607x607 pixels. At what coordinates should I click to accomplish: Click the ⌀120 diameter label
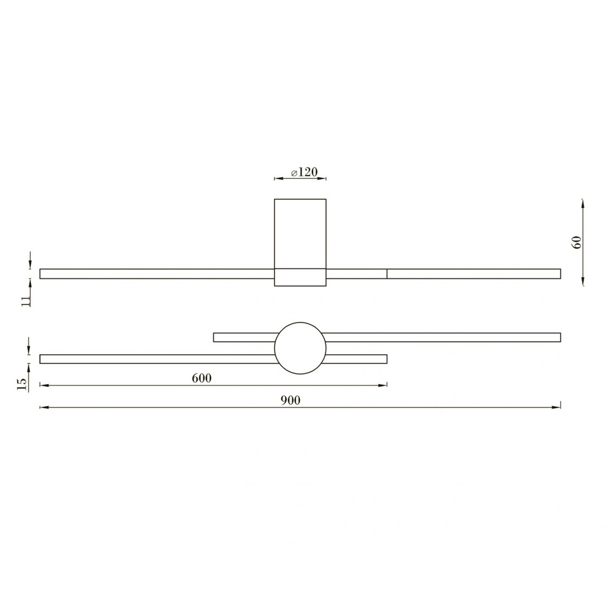[x=303, y=172]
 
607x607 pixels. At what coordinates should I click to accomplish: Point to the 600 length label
[x=202, y=378]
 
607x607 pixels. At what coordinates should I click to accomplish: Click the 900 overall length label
[x=291, y=400]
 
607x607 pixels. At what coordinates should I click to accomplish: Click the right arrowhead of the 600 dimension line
[x=382, y=386]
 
